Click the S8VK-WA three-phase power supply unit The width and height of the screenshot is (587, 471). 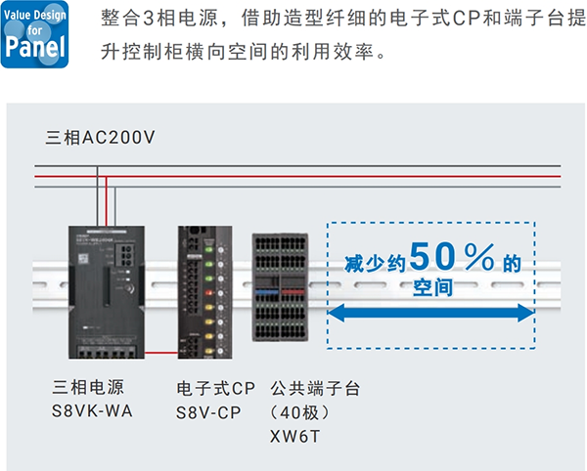104,290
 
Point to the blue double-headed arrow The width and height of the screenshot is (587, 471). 430,313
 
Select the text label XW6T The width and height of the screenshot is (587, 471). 294,434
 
